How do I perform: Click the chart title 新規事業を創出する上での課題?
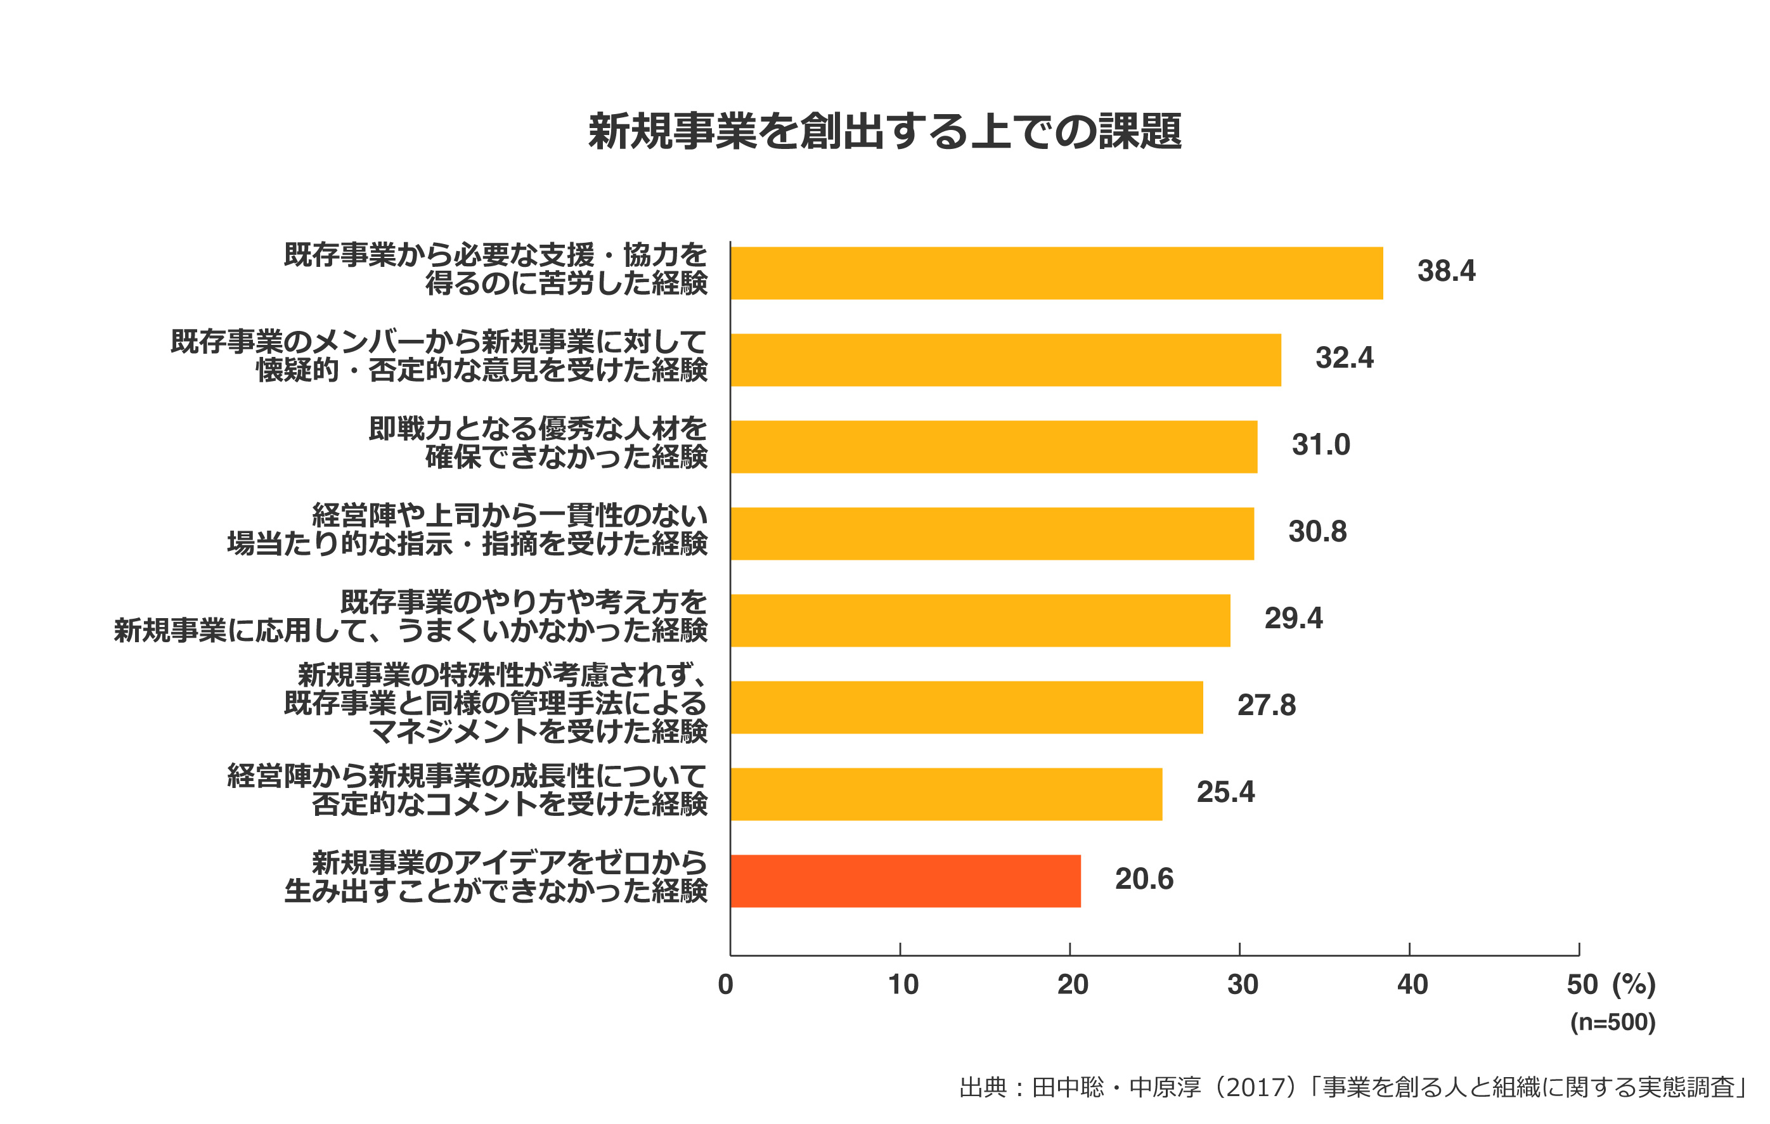point(884,132)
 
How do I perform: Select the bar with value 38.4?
point(1056,273)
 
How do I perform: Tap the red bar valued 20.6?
point(905,881)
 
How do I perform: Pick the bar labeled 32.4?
point(1005,360)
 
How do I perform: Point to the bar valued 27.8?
point(967,707)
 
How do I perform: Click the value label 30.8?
point(1317,531)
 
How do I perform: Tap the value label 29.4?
point(1293,618)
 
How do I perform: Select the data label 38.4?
point(1446,271)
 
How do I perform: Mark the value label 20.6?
point(1144,879)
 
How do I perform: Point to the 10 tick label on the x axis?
point(903,985)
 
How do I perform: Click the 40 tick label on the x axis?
point(1412,985)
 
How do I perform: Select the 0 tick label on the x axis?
point(725,985)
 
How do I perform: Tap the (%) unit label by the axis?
point(1633,985)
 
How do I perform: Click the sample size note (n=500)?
point(1613,1023)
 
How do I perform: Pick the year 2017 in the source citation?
point(1259,1087)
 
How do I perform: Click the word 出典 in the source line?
point(982,1087)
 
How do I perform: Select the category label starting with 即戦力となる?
point(538,442)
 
